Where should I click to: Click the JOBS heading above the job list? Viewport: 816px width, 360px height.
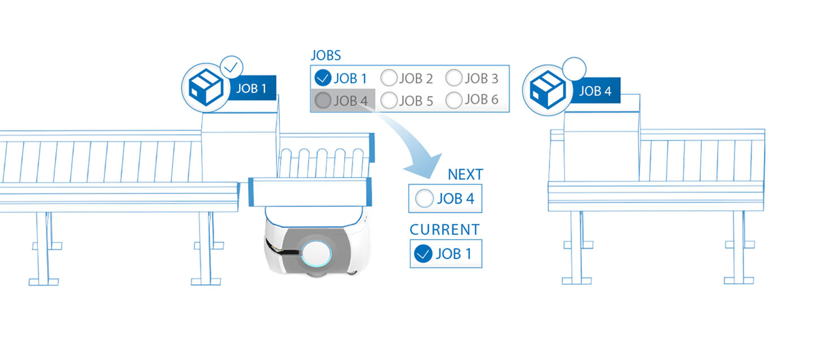pos(325,55)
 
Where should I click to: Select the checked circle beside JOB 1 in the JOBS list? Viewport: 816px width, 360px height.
pos(323,77)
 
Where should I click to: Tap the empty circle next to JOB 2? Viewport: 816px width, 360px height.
pos(389,77)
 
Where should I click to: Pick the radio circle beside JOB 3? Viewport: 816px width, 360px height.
pos(454,77)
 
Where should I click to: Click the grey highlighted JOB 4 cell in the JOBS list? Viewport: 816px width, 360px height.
pos(342,101)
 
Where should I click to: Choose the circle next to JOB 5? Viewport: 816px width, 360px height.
pos(389,101)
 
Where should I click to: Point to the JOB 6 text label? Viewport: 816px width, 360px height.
pos(481,100)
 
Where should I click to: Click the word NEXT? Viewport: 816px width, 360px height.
pos(465,175)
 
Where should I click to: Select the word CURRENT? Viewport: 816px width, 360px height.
pos(445,230)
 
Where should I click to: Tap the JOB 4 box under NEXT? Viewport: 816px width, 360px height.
pos(445,198)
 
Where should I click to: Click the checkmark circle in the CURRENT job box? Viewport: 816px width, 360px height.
pos(422,254)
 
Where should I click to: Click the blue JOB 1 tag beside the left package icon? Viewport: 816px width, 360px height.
pos(251,89)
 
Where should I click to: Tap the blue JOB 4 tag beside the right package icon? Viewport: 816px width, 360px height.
pos(594,91)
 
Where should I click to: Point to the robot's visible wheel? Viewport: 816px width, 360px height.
pos(351,272)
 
